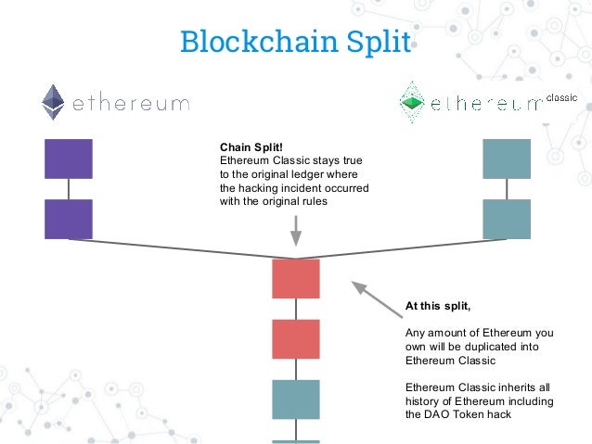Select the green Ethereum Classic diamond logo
point(410,102)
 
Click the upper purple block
point(69,159)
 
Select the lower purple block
point(69,219)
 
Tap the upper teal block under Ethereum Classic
point(507,159)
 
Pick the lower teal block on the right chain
point(507,219)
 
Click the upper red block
point(296,279)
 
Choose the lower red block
point(296,339)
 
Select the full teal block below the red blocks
point(296,400)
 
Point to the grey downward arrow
point(296,231)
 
